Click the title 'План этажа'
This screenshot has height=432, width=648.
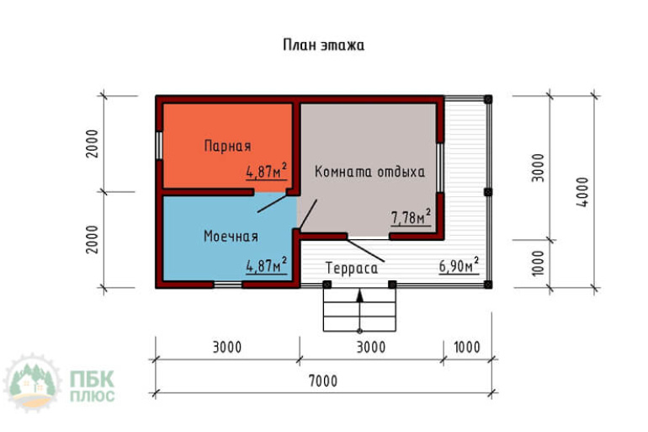(324, 45)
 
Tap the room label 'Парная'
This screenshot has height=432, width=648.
(228, 146)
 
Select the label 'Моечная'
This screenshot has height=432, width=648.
(231, 236)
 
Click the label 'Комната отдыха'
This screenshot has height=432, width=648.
(370, 172)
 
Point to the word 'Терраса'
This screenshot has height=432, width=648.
(352, 269)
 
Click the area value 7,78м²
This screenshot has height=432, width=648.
(412, 217)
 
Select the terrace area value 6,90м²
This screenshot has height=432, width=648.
(459, 265)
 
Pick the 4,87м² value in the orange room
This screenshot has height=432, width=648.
(267, 171)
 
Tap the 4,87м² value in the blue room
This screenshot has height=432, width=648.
(267, 265)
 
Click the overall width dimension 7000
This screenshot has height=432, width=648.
(324, 381)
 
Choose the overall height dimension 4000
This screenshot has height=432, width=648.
(582, 192)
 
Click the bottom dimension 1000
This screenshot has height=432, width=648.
(467, 347)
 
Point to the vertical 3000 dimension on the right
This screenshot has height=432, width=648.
(538, 168)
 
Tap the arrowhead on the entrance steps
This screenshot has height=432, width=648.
(360, 296)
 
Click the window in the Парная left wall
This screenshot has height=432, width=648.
(159, 146)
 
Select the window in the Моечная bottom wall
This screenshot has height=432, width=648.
(228, 285)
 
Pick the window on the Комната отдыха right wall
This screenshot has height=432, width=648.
(440, 168)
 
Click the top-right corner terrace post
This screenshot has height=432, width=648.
(488, 99)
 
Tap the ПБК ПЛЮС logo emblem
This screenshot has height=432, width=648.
(32, 382)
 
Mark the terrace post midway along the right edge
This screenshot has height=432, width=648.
(488, 192)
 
